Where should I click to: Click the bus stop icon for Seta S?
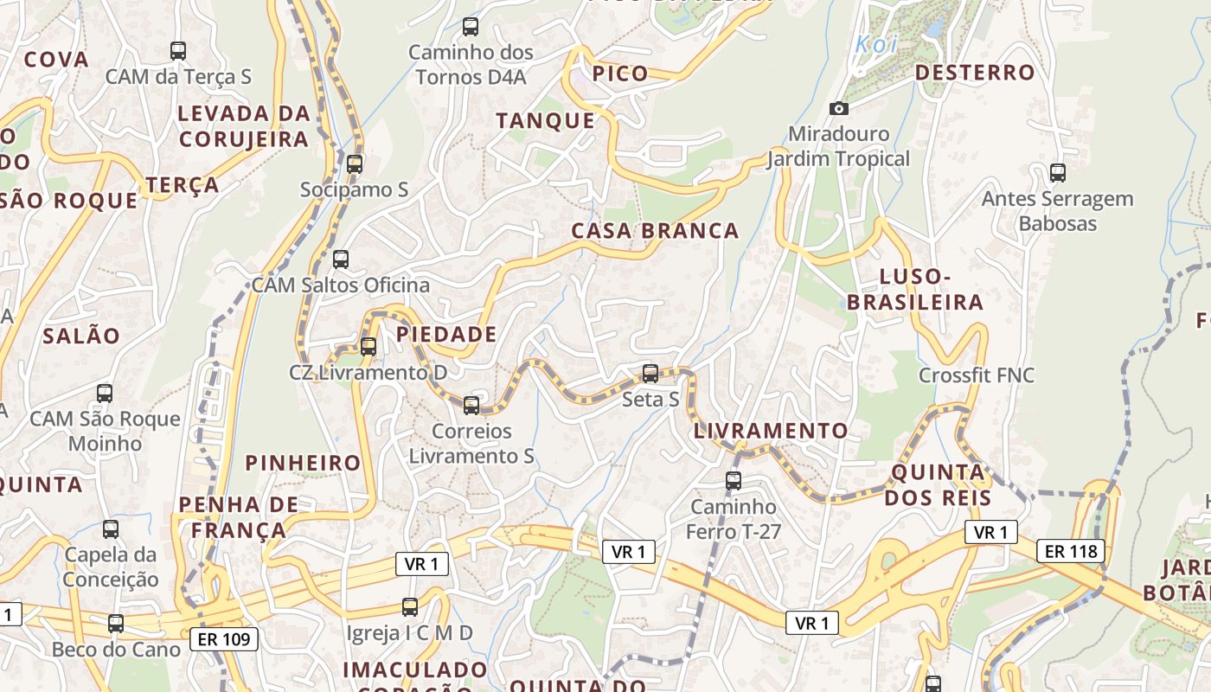(650, 374)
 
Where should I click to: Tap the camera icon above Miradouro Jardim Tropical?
(838, 108)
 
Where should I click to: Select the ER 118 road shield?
(1071, 551)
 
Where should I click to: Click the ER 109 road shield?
(224, 640)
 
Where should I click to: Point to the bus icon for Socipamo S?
(355, 164)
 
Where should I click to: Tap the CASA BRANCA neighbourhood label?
(655, 231)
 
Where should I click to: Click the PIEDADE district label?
(446, 335)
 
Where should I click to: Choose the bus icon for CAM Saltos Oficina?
(341, 259)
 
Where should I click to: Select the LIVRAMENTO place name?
(771, 431)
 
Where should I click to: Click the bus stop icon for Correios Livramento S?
(471, 405)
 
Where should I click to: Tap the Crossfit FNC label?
(976, 375)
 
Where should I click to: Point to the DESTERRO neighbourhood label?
(975, 73)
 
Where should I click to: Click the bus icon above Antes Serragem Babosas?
(1057, 172)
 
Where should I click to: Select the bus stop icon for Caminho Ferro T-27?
(734, 480)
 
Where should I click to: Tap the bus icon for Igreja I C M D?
(410, 607)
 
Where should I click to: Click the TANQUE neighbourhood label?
(546, 121)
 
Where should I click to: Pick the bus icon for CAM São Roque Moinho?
(105, 393)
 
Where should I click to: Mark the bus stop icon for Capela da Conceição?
(111, 529)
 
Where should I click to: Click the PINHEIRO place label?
(303, 463)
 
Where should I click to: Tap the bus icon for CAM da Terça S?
(178, 50)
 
